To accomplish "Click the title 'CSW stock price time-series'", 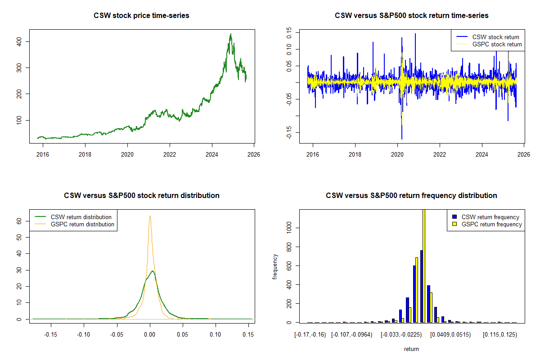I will pyautogui.click(x=141, y=15).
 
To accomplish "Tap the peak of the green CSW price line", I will pyautogui.click(x=231, y=34).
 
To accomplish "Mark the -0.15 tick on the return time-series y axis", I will pyautogui.click(x=289, y=132).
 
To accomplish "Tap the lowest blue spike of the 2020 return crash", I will pyautogui.click(x=401, y=139).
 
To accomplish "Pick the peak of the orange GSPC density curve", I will pyautogui.click(x=150, y=216).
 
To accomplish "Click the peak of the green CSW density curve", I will pyautogui.click(x=153, y=271).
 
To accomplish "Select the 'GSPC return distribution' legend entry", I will pyautogui.click(x=82, y=224).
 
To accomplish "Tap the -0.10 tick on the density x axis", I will pyautogui.click(x=84, y=335).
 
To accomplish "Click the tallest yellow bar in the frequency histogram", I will pyautogui.click(x=423, y=265).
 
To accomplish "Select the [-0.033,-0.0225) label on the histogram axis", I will pyautogui.click(x=402, y=335).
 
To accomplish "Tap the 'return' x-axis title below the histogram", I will pyautogui.click(x=411, y=349).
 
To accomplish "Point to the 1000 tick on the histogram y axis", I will pyautogui.click(x=289, y=228).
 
